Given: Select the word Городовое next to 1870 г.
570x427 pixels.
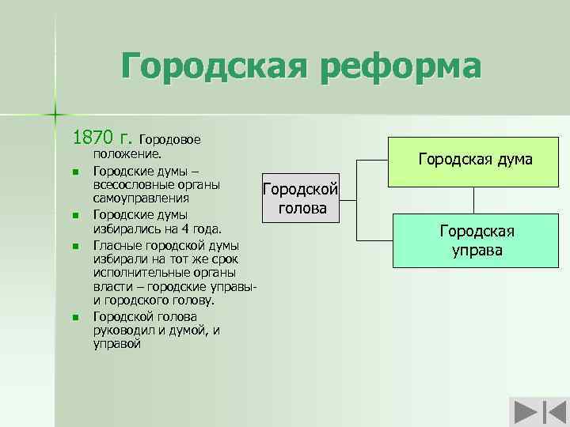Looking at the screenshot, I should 173,140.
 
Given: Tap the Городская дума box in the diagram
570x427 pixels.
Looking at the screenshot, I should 475,160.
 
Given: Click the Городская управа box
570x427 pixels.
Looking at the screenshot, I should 477,241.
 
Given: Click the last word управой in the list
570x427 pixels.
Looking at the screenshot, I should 116,344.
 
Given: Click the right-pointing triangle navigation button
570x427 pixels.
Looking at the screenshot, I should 523,414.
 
